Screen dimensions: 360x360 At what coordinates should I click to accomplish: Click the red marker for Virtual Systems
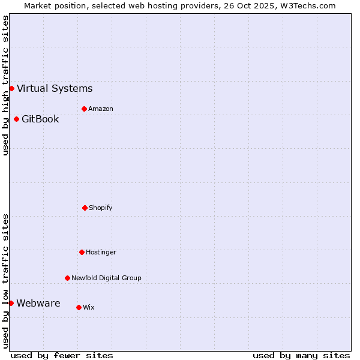pos(11,89)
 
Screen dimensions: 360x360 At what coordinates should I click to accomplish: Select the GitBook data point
pos(16,119)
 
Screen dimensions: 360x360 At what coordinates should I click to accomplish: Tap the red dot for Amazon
pos(84,109)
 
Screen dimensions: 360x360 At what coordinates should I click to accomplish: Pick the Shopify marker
pos(85,208)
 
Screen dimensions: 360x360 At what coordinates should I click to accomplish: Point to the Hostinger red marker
pos(82,252)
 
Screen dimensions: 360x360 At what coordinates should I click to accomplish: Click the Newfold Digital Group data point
pos(67,278)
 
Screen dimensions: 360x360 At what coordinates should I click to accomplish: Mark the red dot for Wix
pos(79,307)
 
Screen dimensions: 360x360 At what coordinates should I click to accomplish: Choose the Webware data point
pos(11,303)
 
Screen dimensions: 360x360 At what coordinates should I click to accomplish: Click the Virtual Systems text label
pos(55,89)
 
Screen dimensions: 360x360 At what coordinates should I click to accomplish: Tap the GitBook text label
pos(40,119)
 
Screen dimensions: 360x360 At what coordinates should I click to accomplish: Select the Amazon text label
pos(101,109)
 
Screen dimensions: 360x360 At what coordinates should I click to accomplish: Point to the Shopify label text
pos(101,208)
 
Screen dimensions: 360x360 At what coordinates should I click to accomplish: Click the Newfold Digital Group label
pos(106,278)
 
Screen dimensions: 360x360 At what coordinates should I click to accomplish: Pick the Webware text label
pos(38,303)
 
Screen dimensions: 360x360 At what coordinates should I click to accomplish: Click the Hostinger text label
pos(101,252)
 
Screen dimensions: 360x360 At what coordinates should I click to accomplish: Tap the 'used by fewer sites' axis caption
pos(62,355)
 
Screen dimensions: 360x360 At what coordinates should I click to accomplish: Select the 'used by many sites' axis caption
pos(301,355)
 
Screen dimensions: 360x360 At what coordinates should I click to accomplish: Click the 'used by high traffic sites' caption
pos(5,85)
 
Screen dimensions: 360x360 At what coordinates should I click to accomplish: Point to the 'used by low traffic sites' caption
pos(5,281)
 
